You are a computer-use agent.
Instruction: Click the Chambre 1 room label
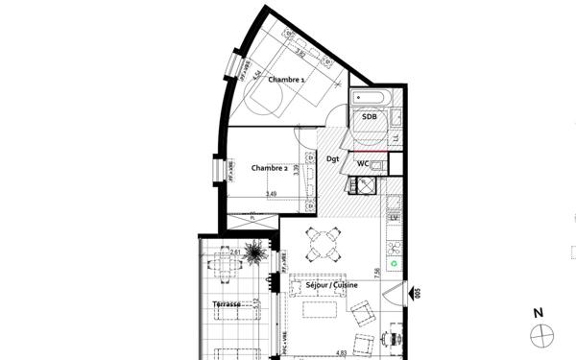coord(287,79)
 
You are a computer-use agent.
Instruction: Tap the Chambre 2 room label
coord(270,168)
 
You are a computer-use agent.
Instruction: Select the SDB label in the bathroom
coord(369,117)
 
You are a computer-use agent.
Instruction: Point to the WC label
coord(363,164)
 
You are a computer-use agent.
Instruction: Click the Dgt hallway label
coord(333,158)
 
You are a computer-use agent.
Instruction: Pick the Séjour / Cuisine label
coord(327,286)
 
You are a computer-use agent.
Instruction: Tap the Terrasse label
coord(228,305)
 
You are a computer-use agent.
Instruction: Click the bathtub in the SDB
coord(369,98)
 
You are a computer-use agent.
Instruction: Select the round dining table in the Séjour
coord(324,246)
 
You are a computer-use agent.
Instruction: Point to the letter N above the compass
coord(540,313)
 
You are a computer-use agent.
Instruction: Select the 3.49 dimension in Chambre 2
coord(272,194)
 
